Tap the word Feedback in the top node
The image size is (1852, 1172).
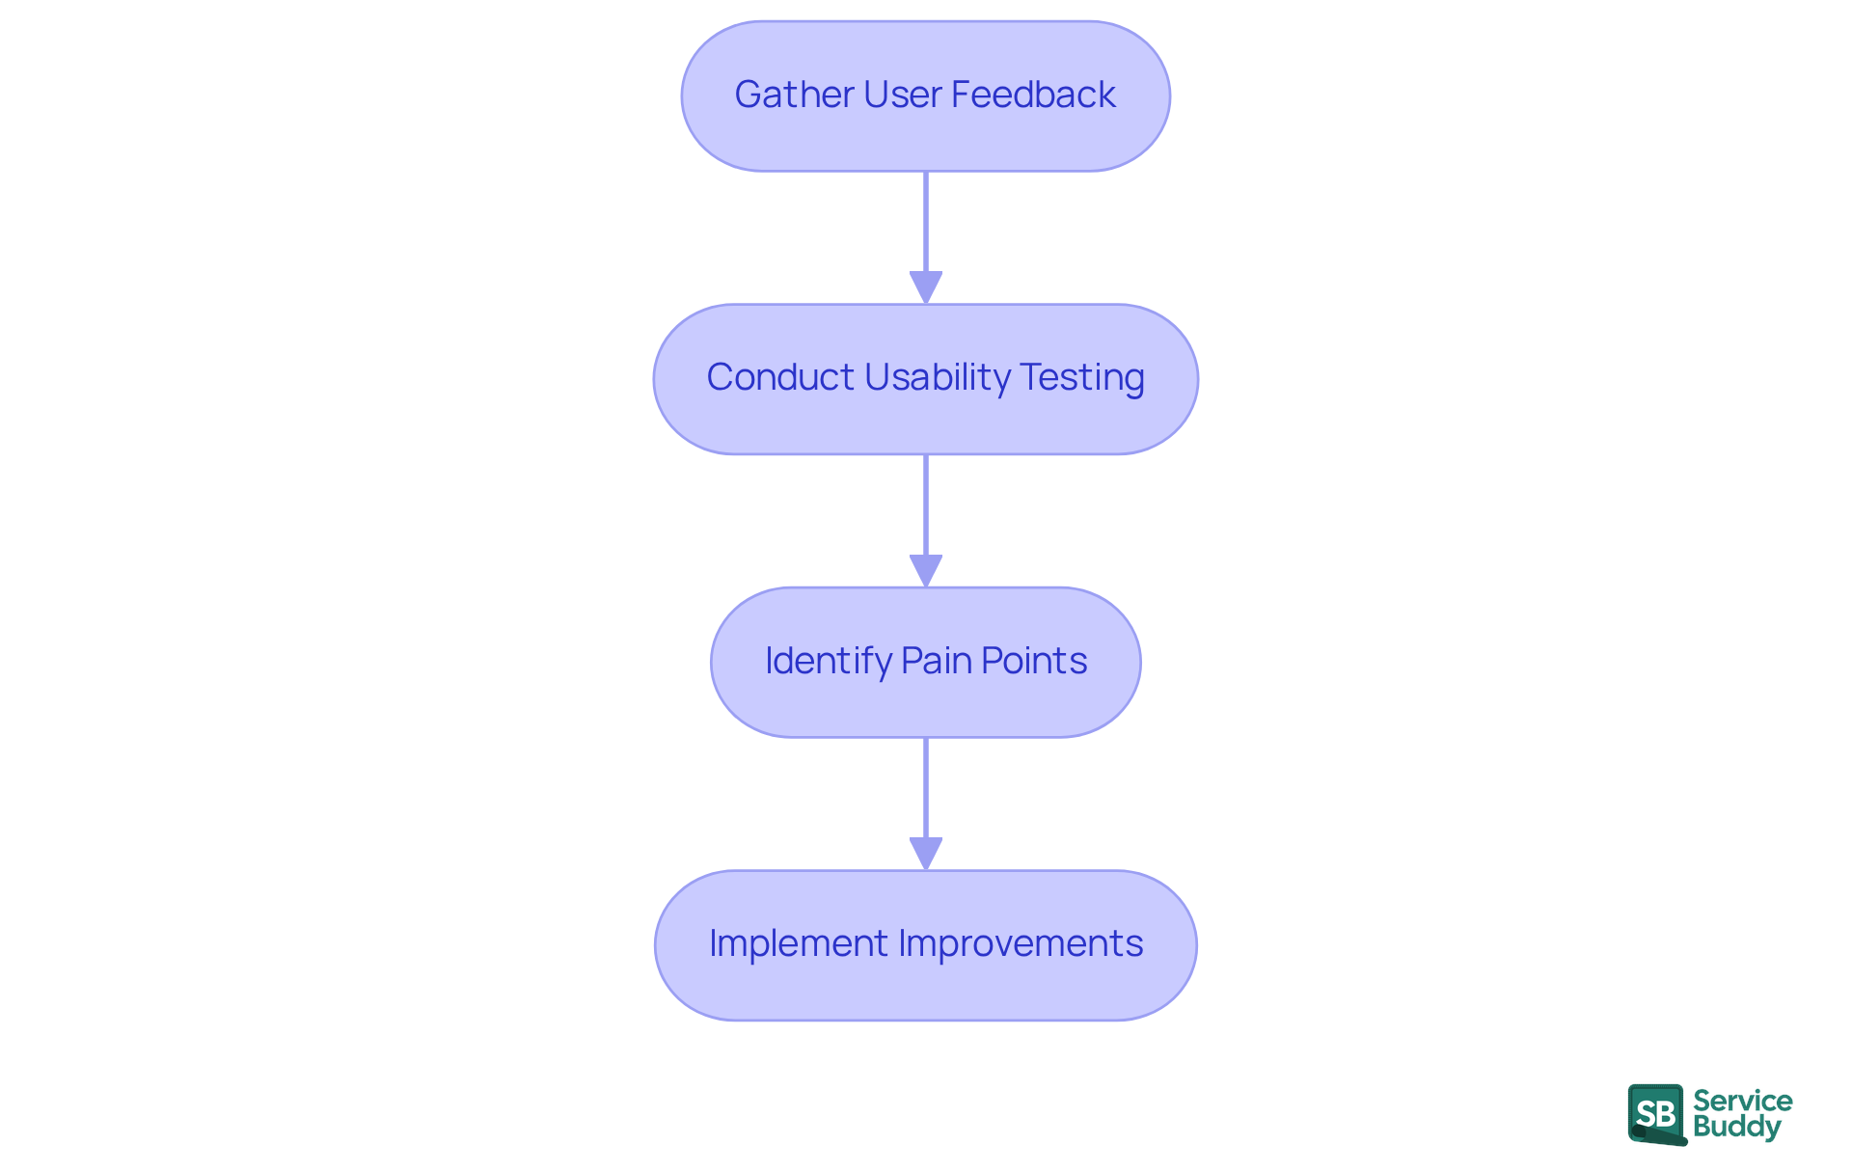tap(1033, 95)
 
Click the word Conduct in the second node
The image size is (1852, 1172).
tap(779, 377)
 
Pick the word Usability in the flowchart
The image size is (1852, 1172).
tap(937, 377)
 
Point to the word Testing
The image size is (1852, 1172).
tap(1082, 377)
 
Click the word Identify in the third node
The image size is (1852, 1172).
tap(828, 661)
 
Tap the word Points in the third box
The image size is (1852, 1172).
tap(1034, 661)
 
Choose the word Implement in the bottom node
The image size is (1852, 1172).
tap(798, 943)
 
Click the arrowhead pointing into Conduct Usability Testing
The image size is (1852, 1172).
tap(926, 287)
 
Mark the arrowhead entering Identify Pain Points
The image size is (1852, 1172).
tap(926, 570)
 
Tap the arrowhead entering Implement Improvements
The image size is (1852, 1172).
tap(926, 854)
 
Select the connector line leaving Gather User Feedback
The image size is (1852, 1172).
tap(926, 222)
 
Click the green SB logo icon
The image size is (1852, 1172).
tap(1656, 1114)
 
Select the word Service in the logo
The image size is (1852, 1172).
tap(1742, 1101)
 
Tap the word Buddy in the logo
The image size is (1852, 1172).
tap(1736, 1127)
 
